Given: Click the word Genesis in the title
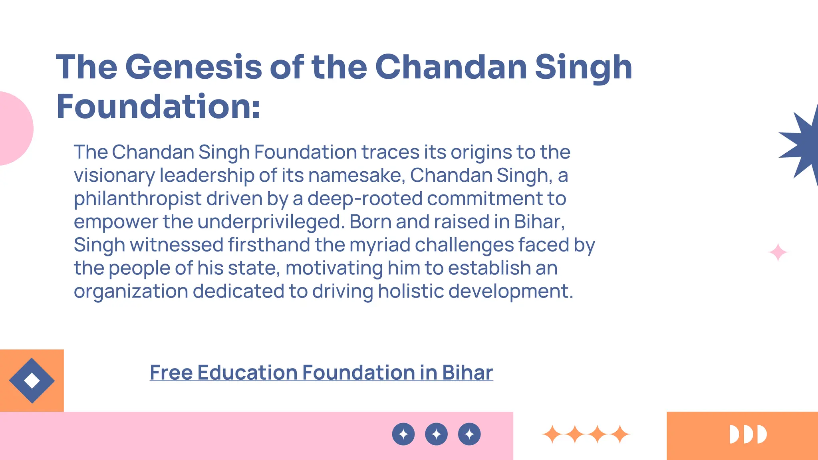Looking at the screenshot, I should click(193, 67).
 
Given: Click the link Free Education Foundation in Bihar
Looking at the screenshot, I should click(321, 373).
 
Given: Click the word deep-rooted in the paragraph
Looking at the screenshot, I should click(365, 198).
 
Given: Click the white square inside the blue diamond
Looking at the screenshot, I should click(32, 381).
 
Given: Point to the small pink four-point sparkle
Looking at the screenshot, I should click(778, 252).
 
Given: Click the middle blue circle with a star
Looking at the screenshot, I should click(436, 434).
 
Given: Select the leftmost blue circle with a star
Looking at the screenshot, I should click(403, 434).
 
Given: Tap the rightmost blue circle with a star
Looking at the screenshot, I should click(469, 434).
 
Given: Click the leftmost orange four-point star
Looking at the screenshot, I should click(553, 434).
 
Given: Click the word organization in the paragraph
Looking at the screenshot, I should click(131, 291).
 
